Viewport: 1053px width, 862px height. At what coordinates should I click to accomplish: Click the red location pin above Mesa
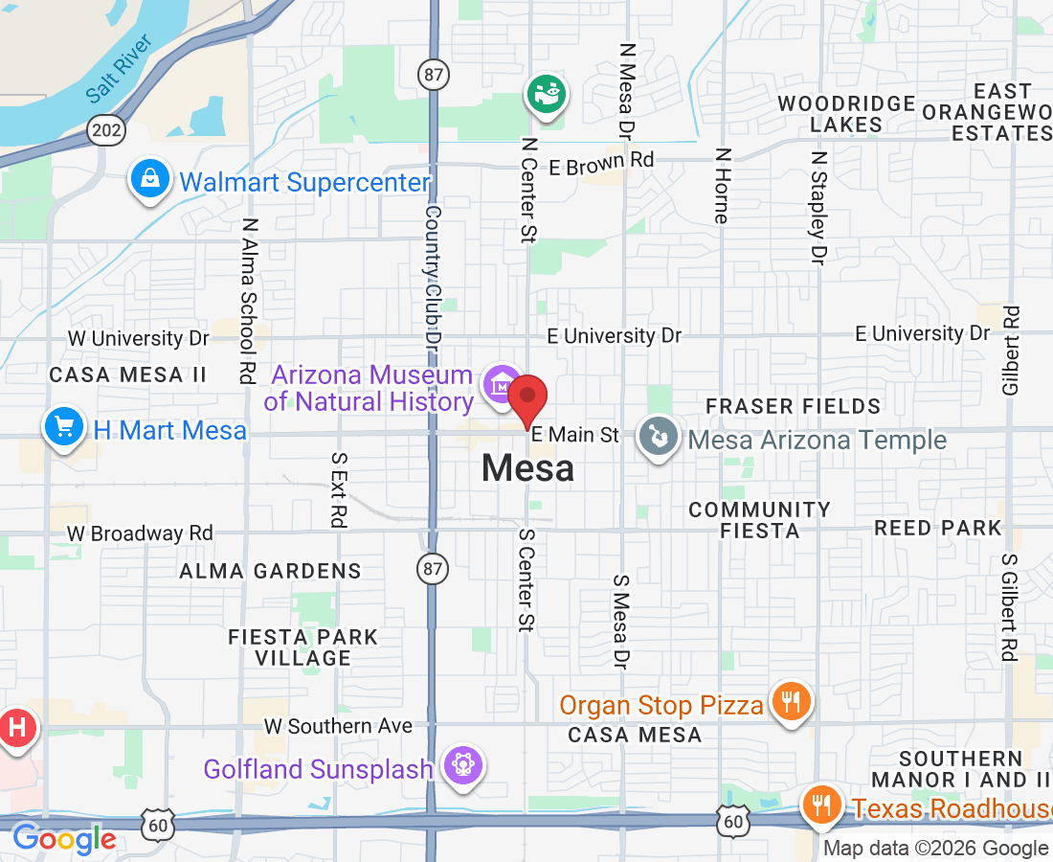[x=526, y=398]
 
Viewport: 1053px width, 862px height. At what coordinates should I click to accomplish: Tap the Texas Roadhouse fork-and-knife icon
[x=820, y=805]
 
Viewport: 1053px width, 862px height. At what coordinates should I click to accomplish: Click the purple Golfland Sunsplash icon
[x=464, y=766]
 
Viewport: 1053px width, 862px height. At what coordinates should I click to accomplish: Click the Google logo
[x=63, y=840]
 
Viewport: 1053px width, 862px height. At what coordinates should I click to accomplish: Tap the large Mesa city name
[x=528, y=468]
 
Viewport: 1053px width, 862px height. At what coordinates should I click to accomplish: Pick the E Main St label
[x=575, y=435]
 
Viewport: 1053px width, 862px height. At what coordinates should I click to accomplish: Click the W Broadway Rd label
[x=140, y=533]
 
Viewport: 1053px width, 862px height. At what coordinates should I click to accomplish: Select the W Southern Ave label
[x=338, y=726]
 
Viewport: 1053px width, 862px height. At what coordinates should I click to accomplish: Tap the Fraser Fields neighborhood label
[x=793, y=407]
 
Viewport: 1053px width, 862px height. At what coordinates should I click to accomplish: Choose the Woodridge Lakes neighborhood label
[x=846, y=114]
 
